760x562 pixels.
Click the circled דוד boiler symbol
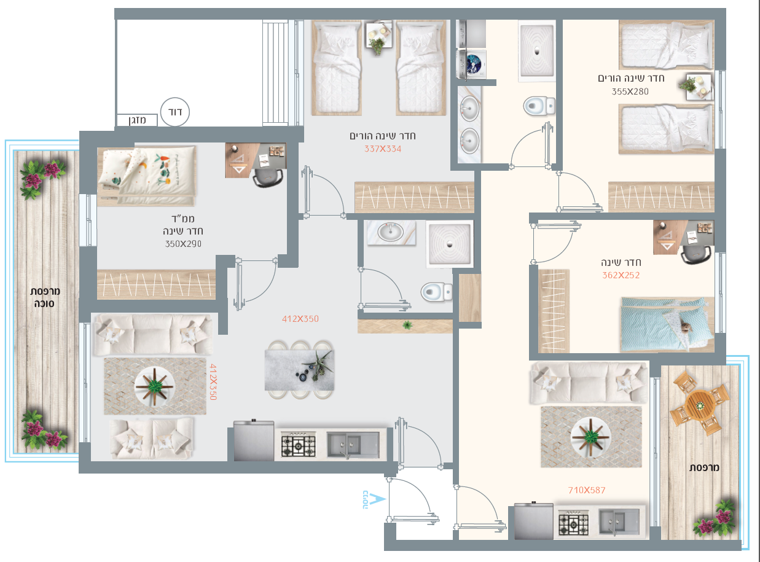pos(174,112)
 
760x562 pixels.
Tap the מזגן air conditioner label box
pos(137,120)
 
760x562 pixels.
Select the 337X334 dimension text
pos(382,149)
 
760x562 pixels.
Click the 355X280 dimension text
pos(630,92)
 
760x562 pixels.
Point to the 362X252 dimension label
pos(621,275)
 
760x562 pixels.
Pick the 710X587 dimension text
pos(587,490)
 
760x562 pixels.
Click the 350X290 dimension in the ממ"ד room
pos(183,244)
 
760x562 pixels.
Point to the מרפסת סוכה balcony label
pos(45,297)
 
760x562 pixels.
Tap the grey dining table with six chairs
pos(299,370)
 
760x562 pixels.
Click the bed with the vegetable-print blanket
pos(147,176)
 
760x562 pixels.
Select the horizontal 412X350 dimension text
pos(300,319)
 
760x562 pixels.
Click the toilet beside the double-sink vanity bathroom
pos(539,106)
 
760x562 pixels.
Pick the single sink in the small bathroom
pos(391,232)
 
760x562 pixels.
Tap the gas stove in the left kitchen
pos(298,445)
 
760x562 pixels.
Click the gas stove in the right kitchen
pos(573,523)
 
